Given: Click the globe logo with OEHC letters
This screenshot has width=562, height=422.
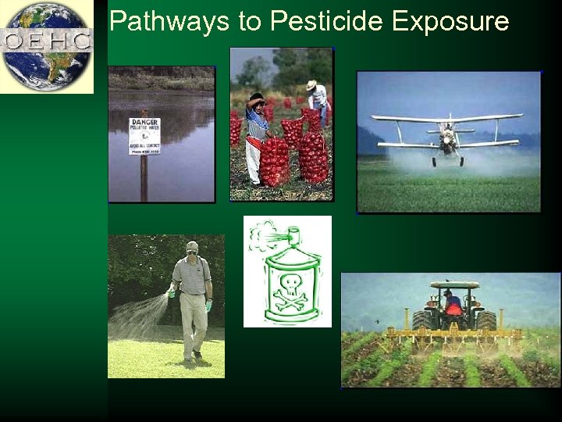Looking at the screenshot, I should click(46, 45).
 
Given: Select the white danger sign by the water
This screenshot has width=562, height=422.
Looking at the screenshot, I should click(144, 136).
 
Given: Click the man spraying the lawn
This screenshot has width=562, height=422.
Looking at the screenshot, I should click(192, 301).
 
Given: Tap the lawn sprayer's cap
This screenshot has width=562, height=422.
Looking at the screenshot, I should click(192, 246).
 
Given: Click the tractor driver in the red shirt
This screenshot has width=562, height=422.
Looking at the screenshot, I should click(453, 303).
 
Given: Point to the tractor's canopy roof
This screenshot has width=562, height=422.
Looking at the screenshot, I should click(454, 285).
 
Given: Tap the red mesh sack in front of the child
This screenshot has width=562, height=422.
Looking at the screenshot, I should click(275, 160).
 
